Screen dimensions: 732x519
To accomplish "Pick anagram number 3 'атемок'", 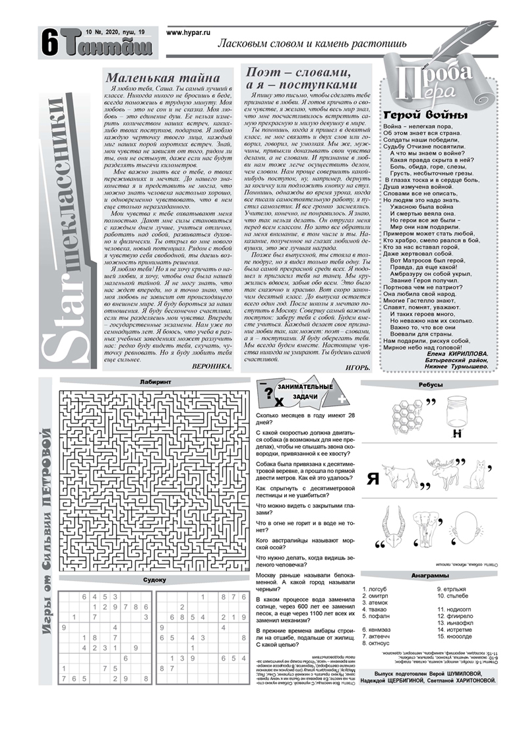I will (x=377, y=603).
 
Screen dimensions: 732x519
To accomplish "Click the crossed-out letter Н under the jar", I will (x=456, y=434).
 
